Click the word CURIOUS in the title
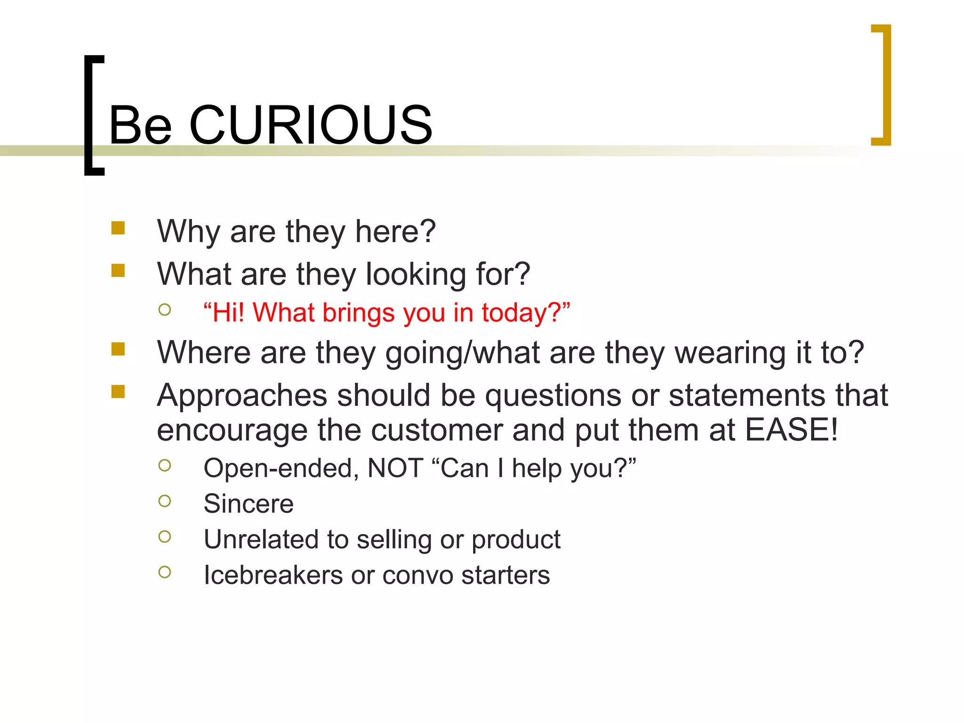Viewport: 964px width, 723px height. coord(311,125)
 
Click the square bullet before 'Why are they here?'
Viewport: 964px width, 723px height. coord(118,228)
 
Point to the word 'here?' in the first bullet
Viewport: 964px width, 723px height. coord(395,232)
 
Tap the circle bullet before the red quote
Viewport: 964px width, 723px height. coord(165,310)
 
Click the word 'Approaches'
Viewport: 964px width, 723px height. coord(242,395)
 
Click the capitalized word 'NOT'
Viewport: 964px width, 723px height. coord(395,468)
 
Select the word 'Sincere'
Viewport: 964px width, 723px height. coord(249,504)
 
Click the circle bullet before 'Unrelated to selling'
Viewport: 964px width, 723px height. coord(165,537)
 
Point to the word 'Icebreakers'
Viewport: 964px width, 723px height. coord(273,575)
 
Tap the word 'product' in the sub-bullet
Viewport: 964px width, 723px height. coord(516,540)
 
